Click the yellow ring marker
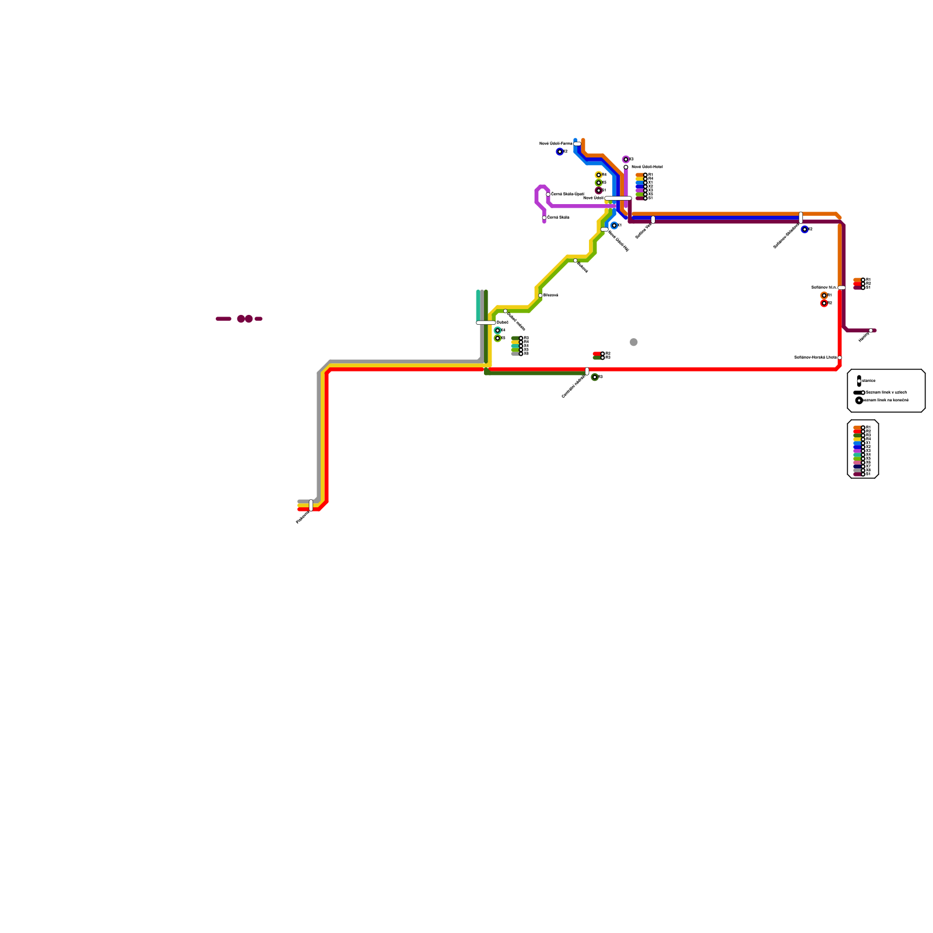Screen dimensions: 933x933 click(598, 175)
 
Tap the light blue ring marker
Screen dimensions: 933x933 click(614, 226)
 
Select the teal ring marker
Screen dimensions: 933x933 click(497, 331)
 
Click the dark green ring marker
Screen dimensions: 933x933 click(594, 377)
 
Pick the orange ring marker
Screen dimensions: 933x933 click(824, 296)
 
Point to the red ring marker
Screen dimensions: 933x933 click(824, 303)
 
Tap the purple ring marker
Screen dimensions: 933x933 click(626, 159)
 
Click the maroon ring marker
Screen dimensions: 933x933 click(598, 191)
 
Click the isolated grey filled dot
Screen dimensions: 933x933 click(634, 342)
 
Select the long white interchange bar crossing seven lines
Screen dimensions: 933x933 click(618, 198)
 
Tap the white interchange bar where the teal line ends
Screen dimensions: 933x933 click(486, 322)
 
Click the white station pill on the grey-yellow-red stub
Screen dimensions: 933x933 click(311, 505)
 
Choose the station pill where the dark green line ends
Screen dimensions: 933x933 click(587, 371)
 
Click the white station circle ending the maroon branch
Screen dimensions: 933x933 click(871, 331)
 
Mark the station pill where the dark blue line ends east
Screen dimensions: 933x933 click(801, 218)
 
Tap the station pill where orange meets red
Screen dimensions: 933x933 click(841, 287)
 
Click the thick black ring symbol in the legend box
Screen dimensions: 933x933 click(859, 401)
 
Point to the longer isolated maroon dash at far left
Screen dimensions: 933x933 click(223, 319)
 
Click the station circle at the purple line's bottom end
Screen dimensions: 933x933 click(544, 218)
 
